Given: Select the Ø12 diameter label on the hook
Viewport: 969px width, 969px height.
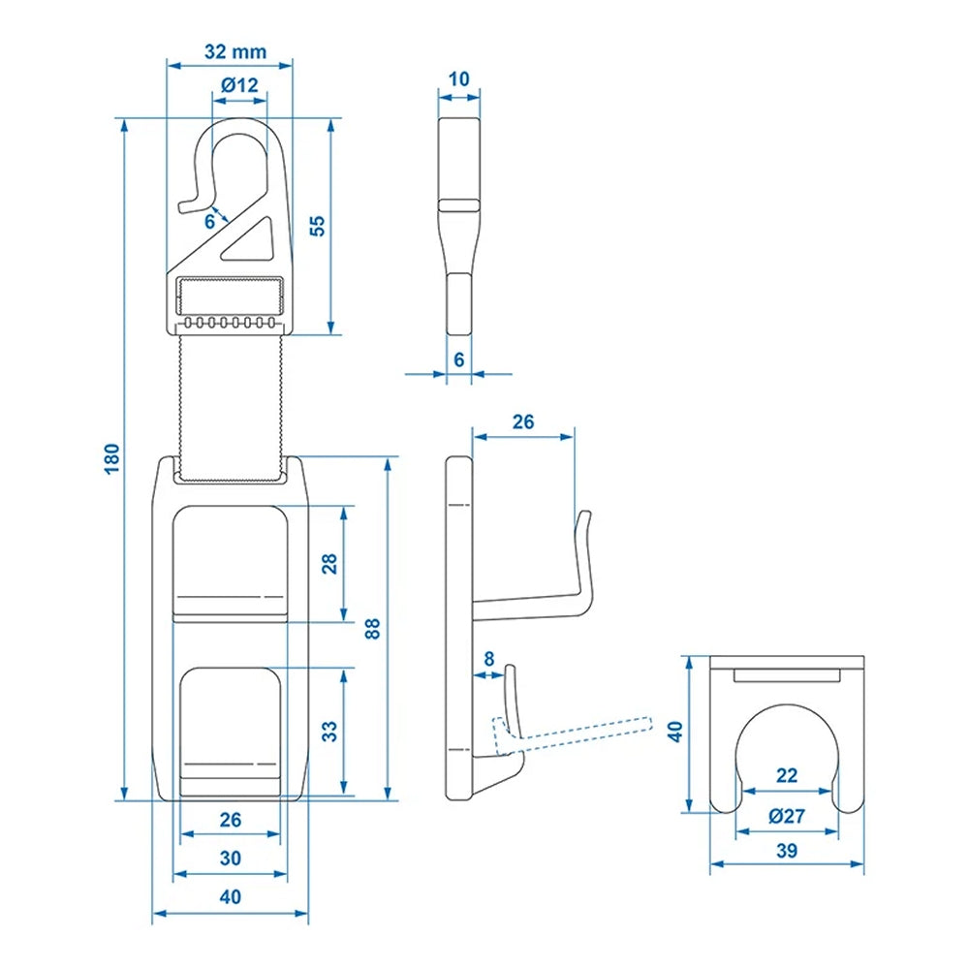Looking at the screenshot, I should (x=239, y=85).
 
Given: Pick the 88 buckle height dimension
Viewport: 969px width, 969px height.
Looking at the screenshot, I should (x=373, y=627).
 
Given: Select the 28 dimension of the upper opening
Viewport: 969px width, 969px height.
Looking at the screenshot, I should (x=329, y=564).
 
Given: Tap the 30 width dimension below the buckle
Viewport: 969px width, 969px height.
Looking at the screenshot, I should (x=230, y=858).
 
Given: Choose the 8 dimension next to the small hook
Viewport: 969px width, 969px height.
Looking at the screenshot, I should (x=488, y=659).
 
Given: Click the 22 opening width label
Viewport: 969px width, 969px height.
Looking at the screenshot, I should (x=787, y=775).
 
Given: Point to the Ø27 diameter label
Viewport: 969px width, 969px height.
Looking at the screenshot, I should (x=786, y=816).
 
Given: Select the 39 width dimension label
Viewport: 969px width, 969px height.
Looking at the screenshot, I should (x=787, y=851).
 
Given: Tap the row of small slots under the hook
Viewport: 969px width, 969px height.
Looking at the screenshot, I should (x=231, y=322).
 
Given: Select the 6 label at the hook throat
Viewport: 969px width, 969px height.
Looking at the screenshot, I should (x=209, y=222).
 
